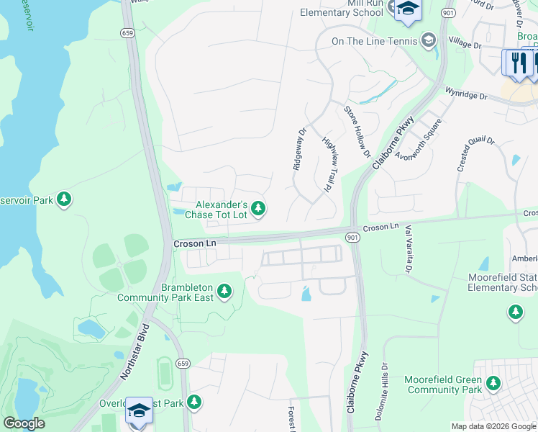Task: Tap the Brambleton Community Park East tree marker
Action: click(x=225, y=292)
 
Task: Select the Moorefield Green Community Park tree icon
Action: click(x=493, y=384)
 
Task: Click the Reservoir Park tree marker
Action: click(x=64, y=199)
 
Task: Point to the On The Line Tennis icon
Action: click(x=429, y=40)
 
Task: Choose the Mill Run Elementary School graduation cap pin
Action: click(x=407, y=9)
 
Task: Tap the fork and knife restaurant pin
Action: click(x=517, y=62)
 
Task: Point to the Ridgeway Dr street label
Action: click(x=298, y=149)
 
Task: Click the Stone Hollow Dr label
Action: click(x=357, y=132)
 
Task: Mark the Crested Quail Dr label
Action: click(x=475, y=154)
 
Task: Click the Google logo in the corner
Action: click(x=24, y=423)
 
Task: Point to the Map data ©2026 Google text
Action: click(x=493, y=426)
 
